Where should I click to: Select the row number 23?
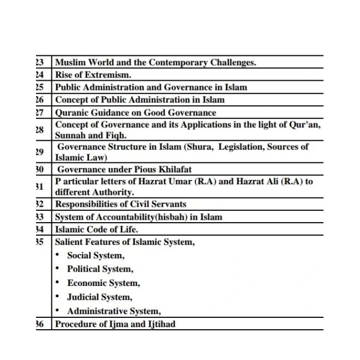[x=39, y=62]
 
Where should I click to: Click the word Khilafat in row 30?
[x=173, y=169]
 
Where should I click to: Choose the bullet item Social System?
[x=96, y=255]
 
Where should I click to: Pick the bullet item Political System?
[x=100, y=269]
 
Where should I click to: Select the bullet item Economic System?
[x=103, y=283]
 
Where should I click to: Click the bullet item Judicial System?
[x=99, y=297]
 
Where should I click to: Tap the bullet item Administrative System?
[x=114, y=311]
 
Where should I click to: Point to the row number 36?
[x=39, y=324]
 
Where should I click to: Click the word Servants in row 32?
[x=167, y=204]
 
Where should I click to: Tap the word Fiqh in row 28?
[x=116, y=136]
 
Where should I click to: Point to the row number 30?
[x=39, y=169]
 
